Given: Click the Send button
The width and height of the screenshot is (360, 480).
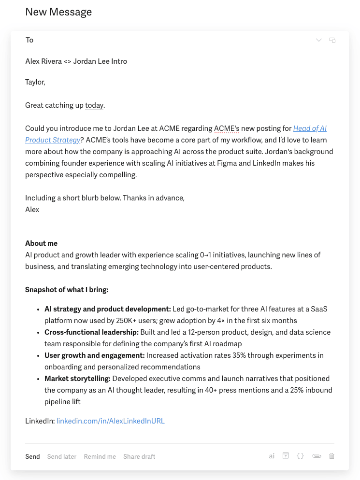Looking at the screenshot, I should [32, 456].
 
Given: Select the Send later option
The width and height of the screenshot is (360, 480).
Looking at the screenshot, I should [62, 456].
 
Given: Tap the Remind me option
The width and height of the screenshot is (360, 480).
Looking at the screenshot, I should [100, 456].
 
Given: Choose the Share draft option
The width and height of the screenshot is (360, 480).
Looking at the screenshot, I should [139, 456].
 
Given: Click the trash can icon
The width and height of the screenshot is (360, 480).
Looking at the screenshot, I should [332, 455].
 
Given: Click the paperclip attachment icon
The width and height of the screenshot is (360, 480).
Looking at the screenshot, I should [317, 455].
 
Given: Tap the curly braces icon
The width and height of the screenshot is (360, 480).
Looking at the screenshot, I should [300, 455].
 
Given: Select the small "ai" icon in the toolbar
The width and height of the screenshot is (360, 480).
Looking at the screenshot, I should [272, 455].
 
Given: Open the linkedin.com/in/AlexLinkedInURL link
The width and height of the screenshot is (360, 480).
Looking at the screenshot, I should [111, 421].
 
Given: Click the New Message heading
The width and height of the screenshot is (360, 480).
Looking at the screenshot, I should [58, 12].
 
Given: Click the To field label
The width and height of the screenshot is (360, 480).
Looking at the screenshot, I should [29, 40].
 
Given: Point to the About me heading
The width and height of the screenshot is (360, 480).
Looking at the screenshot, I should [42, 243].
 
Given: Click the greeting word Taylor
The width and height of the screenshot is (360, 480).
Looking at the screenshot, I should [35, 82].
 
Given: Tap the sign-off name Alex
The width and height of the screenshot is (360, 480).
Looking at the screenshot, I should [32, 210].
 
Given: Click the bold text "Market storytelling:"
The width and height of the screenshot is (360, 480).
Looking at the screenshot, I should [77, 379].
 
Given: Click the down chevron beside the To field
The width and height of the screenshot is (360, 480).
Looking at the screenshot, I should [318, 40].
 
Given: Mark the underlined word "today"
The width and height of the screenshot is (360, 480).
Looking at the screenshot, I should [94, 105].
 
